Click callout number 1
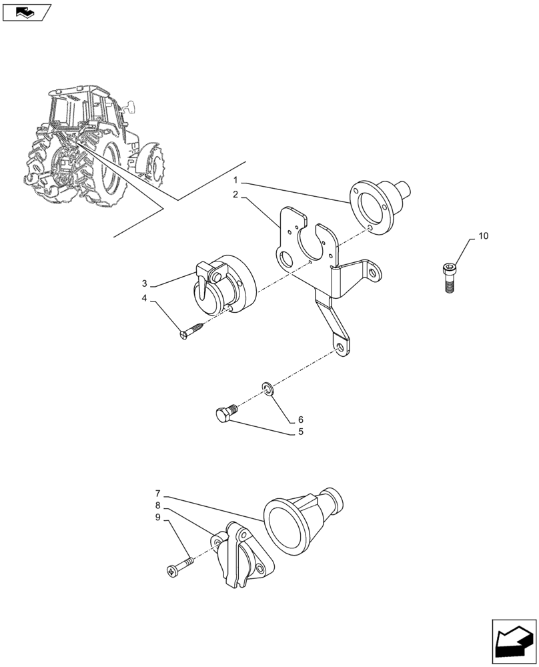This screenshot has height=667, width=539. [235, 180]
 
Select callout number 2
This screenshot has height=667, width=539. [235, 195]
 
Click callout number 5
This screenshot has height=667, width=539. [300, 432]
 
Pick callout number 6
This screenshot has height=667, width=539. [300, 420]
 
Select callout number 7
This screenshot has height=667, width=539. [158, 493]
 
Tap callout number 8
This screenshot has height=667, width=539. [158, 505]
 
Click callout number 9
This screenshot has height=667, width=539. [158, 517]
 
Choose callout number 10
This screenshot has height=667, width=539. [483, 236]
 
